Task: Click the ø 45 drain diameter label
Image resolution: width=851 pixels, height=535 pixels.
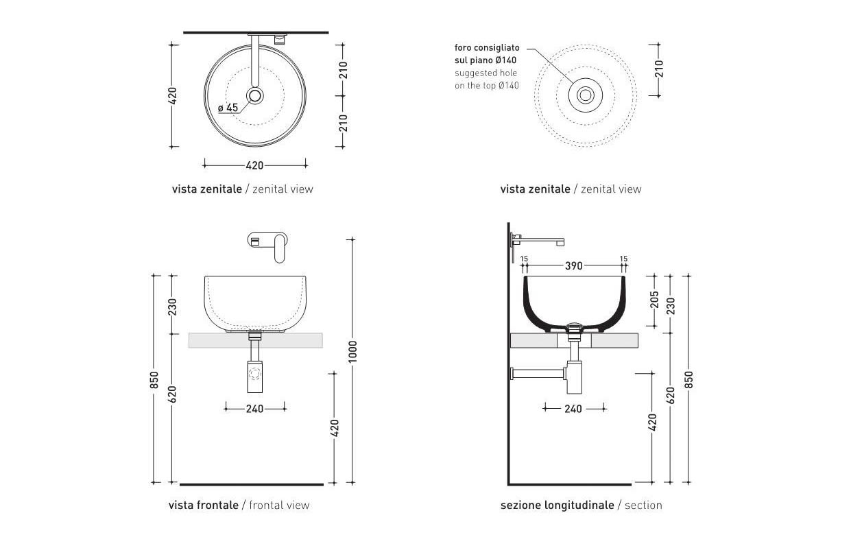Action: [x=228, y=108]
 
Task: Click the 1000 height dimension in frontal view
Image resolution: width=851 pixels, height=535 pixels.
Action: [x=353, y=351]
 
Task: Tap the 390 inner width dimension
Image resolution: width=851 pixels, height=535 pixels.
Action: [x=574, y=266]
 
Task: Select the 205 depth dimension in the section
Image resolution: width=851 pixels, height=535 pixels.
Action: [x=654, y=300]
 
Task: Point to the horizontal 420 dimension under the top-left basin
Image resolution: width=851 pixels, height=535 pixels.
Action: [x=254, y=166]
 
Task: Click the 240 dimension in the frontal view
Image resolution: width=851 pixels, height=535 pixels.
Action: [x=254, y=409]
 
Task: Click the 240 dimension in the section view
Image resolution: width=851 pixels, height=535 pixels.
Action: [x=573, y=409]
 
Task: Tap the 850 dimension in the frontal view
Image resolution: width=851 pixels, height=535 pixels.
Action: [x=154, y=380]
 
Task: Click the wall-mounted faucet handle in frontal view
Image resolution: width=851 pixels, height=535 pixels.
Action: [x=280, y=248]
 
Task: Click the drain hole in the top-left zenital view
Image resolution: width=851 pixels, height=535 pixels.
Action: [x=255, y=96]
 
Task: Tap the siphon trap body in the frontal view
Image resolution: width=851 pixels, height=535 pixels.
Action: [x=254, y=376]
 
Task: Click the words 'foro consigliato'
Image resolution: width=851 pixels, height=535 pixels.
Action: [x=487, y=48]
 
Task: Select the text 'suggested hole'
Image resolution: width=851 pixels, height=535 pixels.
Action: [x=486, y=73]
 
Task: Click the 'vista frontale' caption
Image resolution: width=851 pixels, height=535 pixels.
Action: [x=204, y=506]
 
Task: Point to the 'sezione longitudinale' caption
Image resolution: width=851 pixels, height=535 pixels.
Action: [x=558, y=506]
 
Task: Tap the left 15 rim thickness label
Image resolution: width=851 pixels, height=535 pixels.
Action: [x=524, y=259]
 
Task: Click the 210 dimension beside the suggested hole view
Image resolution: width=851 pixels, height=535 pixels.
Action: [x=659, y=69]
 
